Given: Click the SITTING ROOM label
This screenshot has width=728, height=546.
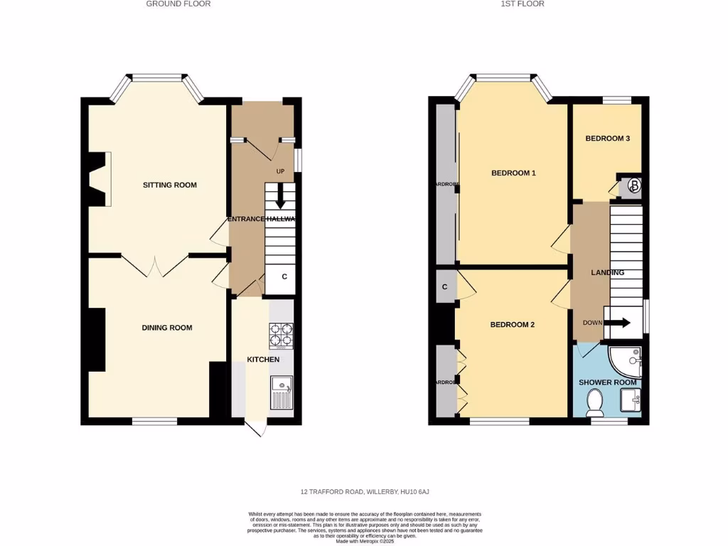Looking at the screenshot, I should [169, 185].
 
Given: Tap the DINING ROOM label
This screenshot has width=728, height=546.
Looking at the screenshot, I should [167, 328].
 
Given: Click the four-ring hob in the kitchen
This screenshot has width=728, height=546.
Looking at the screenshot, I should [282, 336].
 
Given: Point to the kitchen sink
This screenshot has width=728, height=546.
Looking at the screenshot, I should [282, 393].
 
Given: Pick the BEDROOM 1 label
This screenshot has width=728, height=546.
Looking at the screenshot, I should [513, 173].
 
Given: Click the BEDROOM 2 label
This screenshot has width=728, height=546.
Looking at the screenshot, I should [512, 324].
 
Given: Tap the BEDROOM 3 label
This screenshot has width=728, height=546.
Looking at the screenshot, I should [607, 139].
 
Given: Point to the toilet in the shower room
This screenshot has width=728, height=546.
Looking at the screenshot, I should [592, 405].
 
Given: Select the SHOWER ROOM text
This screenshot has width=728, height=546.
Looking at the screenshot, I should [607, 382].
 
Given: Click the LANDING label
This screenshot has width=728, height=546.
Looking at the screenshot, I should [607, 272].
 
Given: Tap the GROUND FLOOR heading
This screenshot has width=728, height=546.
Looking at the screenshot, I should [178, 4].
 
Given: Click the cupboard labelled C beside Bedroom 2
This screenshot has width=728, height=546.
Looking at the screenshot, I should [444, 287].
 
